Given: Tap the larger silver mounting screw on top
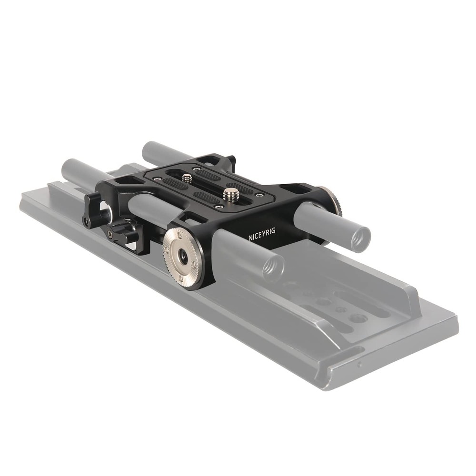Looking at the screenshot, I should pos(230,193).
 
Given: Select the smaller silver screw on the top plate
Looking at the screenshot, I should pos(187,178).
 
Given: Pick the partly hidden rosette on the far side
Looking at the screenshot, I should pos(332,200).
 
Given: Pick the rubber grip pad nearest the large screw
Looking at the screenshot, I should pos(206,197).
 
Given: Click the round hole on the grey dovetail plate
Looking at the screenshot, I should pos(360,318).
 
